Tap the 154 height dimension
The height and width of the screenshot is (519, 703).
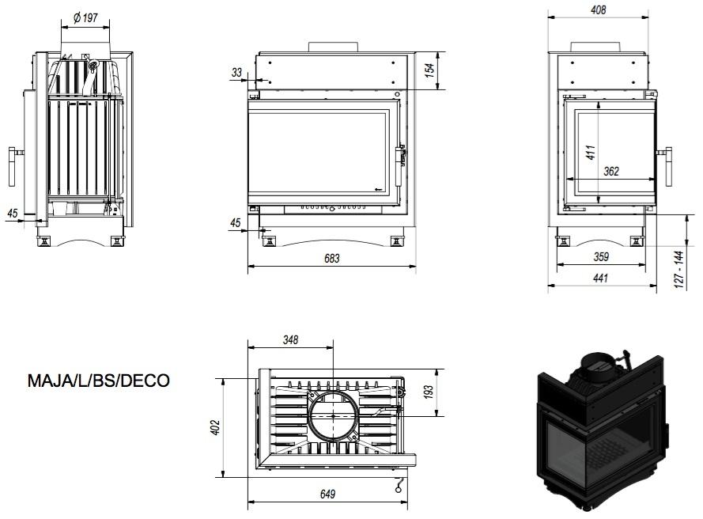[430, 70]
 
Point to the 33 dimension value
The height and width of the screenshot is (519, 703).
[236, 73]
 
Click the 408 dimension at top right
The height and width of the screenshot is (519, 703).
[599, 10]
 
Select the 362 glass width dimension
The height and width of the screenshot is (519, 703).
[610, 171]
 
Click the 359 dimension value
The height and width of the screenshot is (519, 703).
[601, 256]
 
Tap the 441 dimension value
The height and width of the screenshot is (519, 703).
[601, 278]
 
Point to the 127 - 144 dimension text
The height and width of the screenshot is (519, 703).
[678, 269]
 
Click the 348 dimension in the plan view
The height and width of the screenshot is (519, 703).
[289, 339]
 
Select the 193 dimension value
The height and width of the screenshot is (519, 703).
[429, 392]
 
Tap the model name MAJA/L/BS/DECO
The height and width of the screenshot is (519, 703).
[99, 381]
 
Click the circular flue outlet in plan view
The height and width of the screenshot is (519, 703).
[333, 415]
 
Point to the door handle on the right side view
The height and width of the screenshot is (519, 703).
[668, 166]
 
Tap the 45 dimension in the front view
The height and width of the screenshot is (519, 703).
[235, 224]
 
